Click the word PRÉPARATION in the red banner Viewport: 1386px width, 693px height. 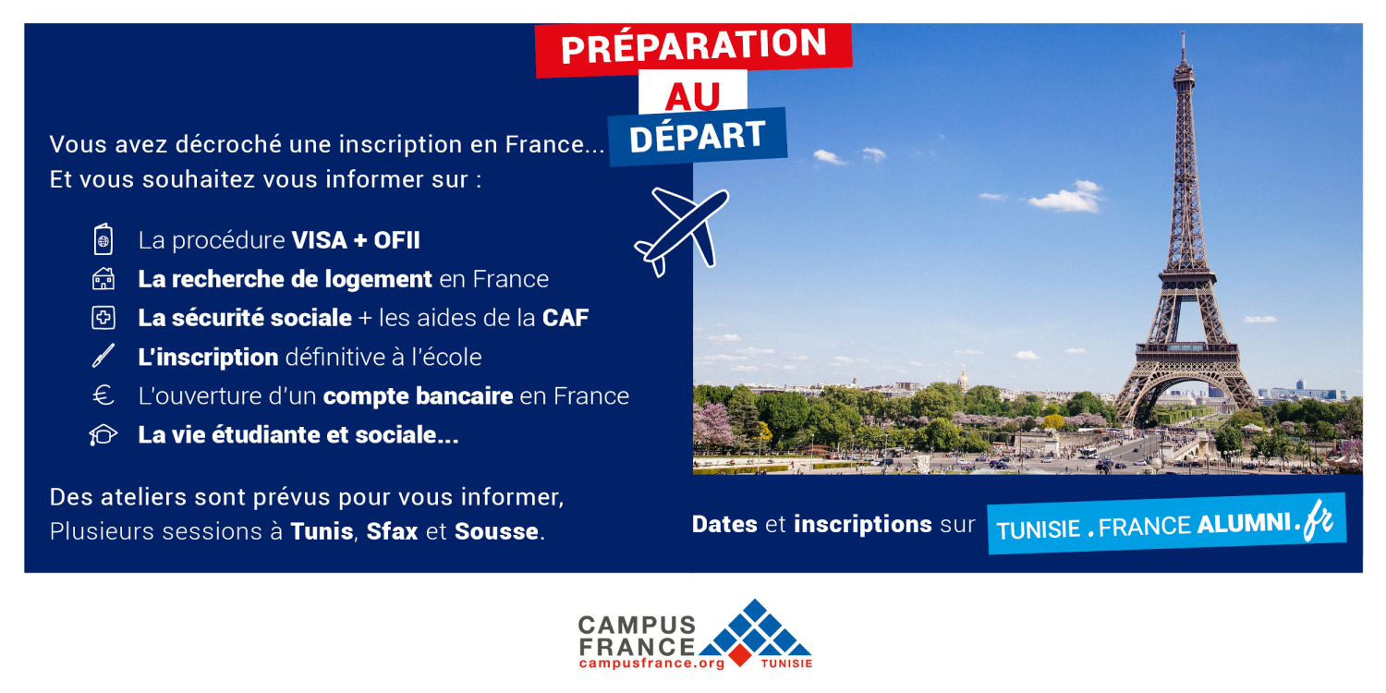694,46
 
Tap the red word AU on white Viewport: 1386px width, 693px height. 693,96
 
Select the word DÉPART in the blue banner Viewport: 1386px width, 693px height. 698,137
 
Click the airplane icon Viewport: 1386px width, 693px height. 682,231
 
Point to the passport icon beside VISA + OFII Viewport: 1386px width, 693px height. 103,238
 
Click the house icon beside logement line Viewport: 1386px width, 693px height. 103,279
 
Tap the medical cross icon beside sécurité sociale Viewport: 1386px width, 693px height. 103,318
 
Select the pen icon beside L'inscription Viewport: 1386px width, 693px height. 103,356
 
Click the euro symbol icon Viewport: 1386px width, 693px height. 103,395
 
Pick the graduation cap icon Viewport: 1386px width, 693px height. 103,435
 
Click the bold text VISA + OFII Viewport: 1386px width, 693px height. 356,240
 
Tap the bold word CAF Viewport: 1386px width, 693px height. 565,318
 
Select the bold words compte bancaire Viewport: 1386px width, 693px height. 419,396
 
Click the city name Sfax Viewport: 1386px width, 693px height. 393,531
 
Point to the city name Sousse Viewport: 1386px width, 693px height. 496,531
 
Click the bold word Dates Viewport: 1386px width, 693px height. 724,524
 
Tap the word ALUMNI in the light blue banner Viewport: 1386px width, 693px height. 1244,524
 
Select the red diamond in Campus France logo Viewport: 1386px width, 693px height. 740,655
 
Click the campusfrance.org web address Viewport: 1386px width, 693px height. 652,664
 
